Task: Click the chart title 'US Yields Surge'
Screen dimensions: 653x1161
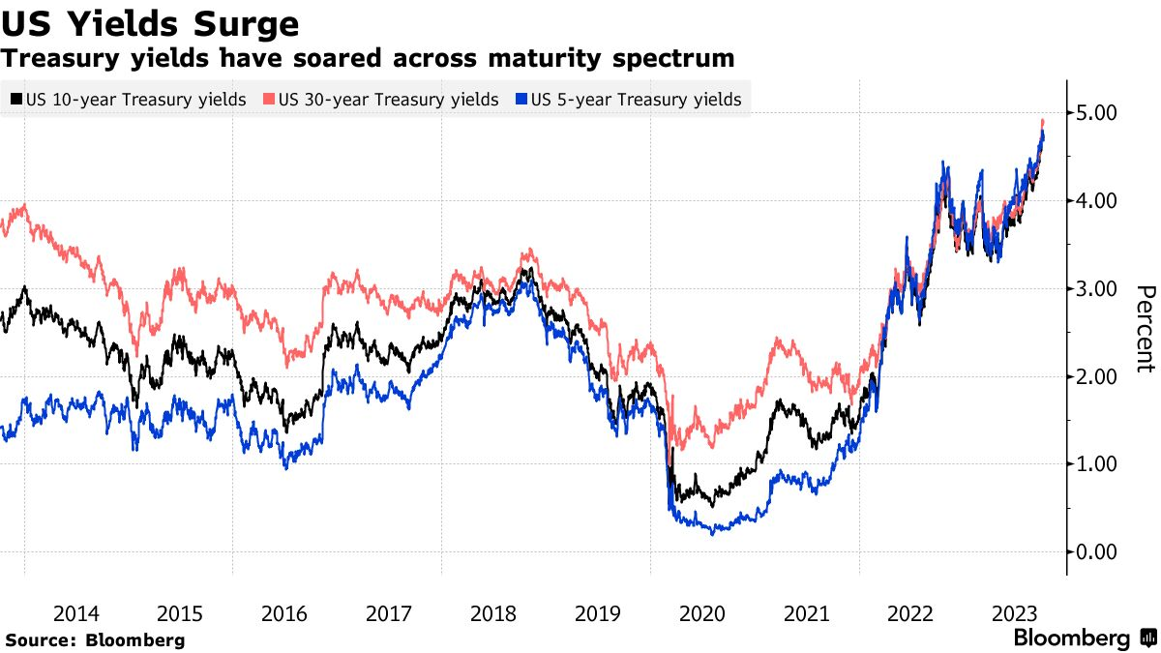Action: tap(150, 22)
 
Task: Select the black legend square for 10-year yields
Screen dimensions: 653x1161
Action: tap(16, 100)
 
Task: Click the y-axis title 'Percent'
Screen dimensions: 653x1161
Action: tap(1146, 329)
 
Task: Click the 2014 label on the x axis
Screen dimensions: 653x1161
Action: tap(75, 613)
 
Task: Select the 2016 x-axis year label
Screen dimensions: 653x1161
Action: tap(284, 613)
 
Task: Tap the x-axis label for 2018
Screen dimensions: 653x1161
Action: tap(493, 613)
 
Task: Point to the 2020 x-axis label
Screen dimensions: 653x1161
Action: tap(701, 613)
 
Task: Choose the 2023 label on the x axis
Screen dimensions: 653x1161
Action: tap(1015, 613)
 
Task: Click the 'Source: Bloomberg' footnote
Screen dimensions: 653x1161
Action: tap(95, 639)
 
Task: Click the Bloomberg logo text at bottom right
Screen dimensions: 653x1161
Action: tap(1071, 638)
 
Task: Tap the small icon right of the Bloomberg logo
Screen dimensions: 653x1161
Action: tap(1147, 638)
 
